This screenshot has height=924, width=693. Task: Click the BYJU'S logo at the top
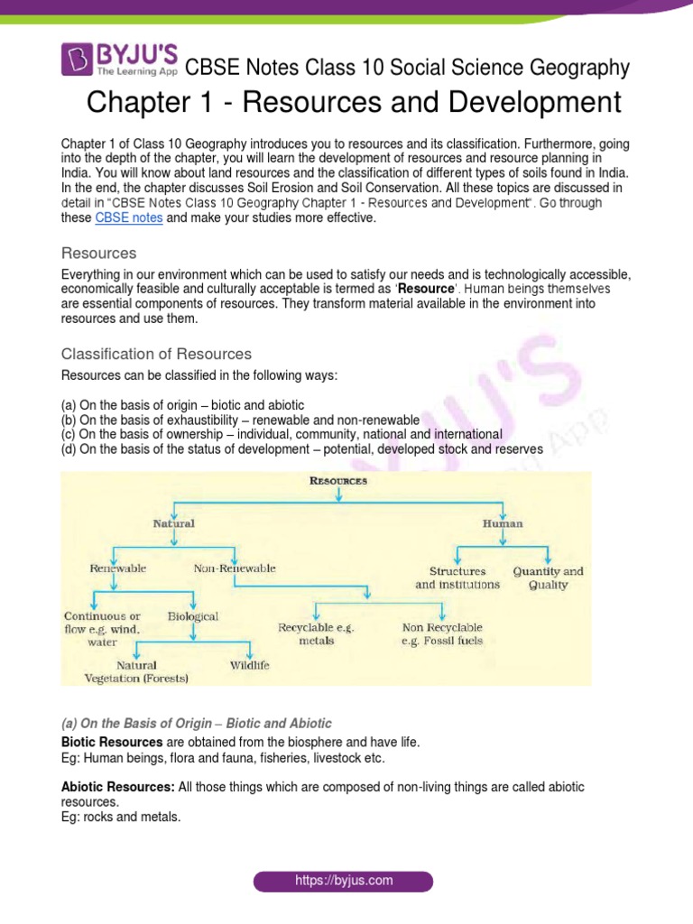(x=119, y=60)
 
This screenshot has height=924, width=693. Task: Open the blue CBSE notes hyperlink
(x=129, y=218)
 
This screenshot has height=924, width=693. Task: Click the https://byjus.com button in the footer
(x=343, y=880)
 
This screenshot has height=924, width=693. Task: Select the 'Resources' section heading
(x=98, y=253)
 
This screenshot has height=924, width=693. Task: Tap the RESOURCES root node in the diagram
(x=338, y=482)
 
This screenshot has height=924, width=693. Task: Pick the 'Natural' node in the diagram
(x=173, y=523)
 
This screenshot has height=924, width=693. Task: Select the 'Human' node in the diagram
(x=503, y=523)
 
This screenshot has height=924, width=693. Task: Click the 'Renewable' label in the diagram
(x=117, y=569)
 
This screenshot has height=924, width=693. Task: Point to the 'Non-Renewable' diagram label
(x=235, y=569)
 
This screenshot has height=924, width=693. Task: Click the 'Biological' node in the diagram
(x=193, y=616)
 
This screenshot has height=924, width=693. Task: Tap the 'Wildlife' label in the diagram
(x=249, y=666)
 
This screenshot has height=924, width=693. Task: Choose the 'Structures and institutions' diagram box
(x=457, y=577)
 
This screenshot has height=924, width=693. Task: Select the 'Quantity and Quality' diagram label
(x=548, y=577)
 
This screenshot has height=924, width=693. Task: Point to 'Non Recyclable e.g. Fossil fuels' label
(x=442, y=633)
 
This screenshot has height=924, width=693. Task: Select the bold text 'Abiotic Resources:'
(x=117, y=788)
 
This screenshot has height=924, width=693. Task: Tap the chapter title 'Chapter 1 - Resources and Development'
(x=354, y=102)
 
